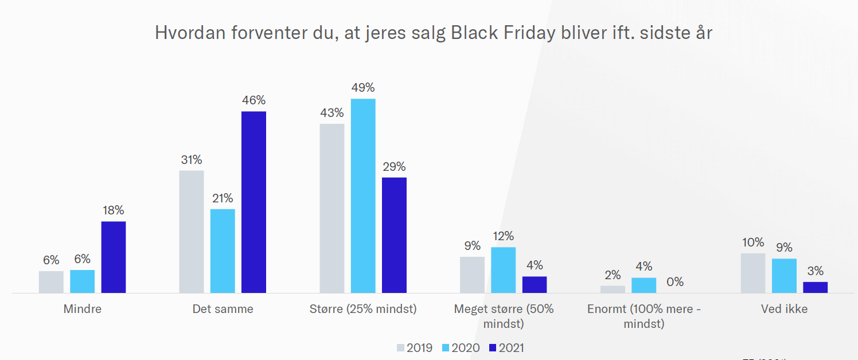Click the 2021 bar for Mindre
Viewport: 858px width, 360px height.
coord(114,257)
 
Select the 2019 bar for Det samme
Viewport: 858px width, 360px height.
coord(192,232)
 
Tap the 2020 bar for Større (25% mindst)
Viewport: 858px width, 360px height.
coord(363,195)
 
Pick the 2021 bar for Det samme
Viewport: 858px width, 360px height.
coord(253,202)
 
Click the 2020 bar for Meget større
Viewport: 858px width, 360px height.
coord(503,270)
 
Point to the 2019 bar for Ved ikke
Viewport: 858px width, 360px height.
coord(753,273)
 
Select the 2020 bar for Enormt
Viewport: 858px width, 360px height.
coord(643,285)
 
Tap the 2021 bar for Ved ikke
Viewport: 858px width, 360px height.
coord(815,287)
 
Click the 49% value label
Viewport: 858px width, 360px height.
coord(363,88)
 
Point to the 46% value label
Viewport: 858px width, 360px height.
coord(253,100)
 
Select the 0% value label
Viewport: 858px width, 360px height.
coord(674,282)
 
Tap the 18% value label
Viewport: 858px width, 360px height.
coord(114,210)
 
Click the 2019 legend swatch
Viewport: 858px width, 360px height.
coord(400,348)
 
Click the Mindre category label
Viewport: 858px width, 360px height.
coord(83,309)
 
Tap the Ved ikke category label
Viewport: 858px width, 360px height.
coord(784,309)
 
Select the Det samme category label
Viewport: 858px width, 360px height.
coord(223,309)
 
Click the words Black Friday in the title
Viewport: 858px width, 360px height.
coord(503,33)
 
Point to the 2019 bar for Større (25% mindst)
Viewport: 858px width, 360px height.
coord(332,208)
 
